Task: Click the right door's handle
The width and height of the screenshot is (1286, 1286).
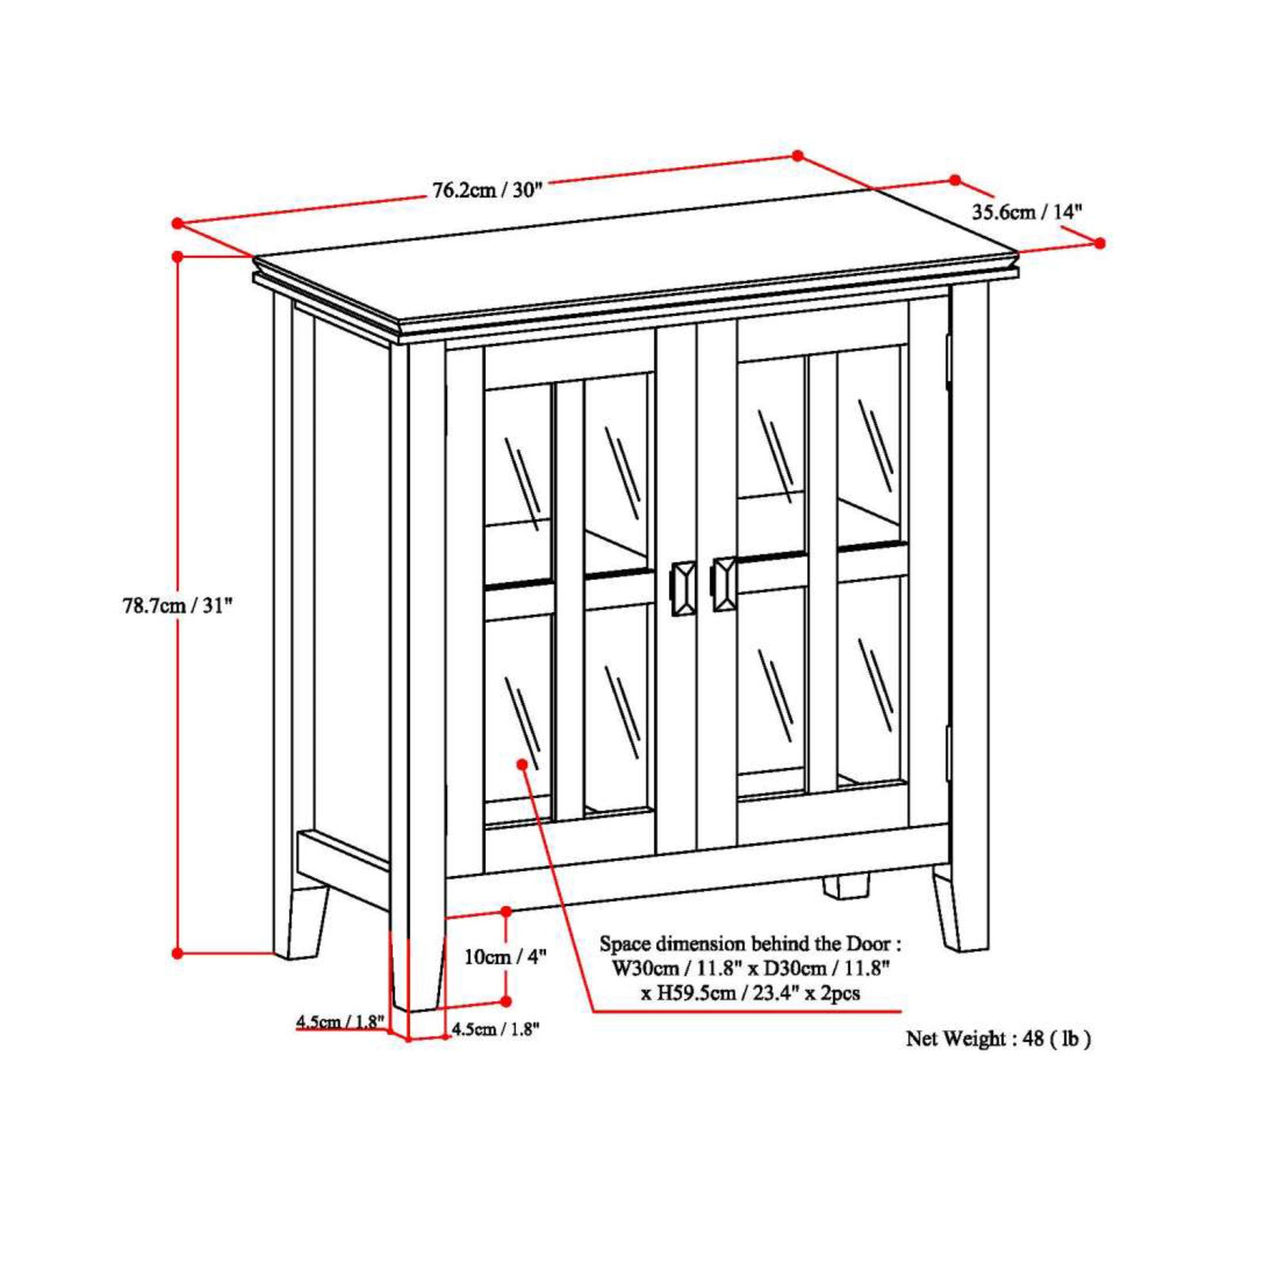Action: click(723, 584)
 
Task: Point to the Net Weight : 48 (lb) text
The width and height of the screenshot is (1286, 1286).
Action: click(999, 1039)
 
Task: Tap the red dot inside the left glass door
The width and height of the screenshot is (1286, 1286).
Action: click(522, 764)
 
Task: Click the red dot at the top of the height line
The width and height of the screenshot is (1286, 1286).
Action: click(177, 256)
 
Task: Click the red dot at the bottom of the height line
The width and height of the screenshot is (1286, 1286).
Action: click(177, 953)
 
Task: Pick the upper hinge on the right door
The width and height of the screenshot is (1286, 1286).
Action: click(948, 360)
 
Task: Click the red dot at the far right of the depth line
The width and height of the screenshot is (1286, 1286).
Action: click(1100, 243)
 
